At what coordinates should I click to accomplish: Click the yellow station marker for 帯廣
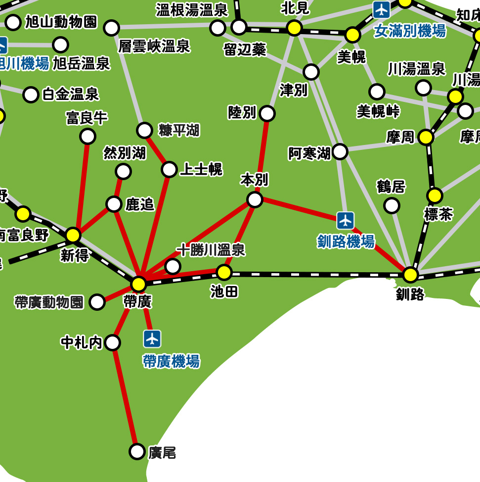tap(139, 284)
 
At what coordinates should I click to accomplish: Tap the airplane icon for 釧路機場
tap(346, 220)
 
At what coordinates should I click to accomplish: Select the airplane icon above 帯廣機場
tap(152, 339)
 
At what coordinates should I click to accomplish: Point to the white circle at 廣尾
tap(137, 451)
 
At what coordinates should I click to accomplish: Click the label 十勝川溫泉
tap(211, 250)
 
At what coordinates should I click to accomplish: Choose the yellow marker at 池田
tap(224, 272)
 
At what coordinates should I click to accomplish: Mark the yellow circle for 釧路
tap(410, 275)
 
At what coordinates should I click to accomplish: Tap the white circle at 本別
tap(255, 199)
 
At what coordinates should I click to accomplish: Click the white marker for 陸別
tap(267, 113)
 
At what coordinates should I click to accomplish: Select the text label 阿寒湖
tap(309, 154)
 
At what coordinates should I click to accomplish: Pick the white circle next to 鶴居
tap(392, 205)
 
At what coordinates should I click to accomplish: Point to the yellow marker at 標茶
tap(435, 195)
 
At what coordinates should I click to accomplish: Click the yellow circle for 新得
tap(73, 235)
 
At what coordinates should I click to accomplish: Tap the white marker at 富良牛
tap(87, 136)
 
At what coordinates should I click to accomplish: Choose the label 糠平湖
tap(179, 130)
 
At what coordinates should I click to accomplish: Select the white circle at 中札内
tap(113, 342)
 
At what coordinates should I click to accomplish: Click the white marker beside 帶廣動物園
tap(97, 302)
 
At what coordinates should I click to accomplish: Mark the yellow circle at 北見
tap(294, 28)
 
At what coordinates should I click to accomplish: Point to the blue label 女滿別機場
tap(410, 32)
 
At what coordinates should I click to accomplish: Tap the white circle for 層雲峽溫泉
tap(112, 28)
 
